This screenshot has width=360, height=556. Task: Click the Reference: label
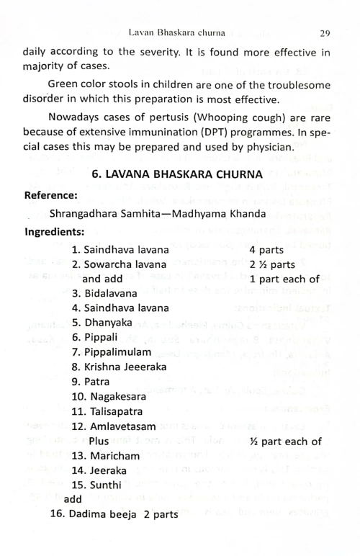(x=51, y=195)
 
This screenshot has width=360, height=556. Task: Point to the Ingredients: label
(x=55, y=232)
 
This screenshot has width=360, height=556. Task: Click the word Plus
(x=97, y=441)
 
